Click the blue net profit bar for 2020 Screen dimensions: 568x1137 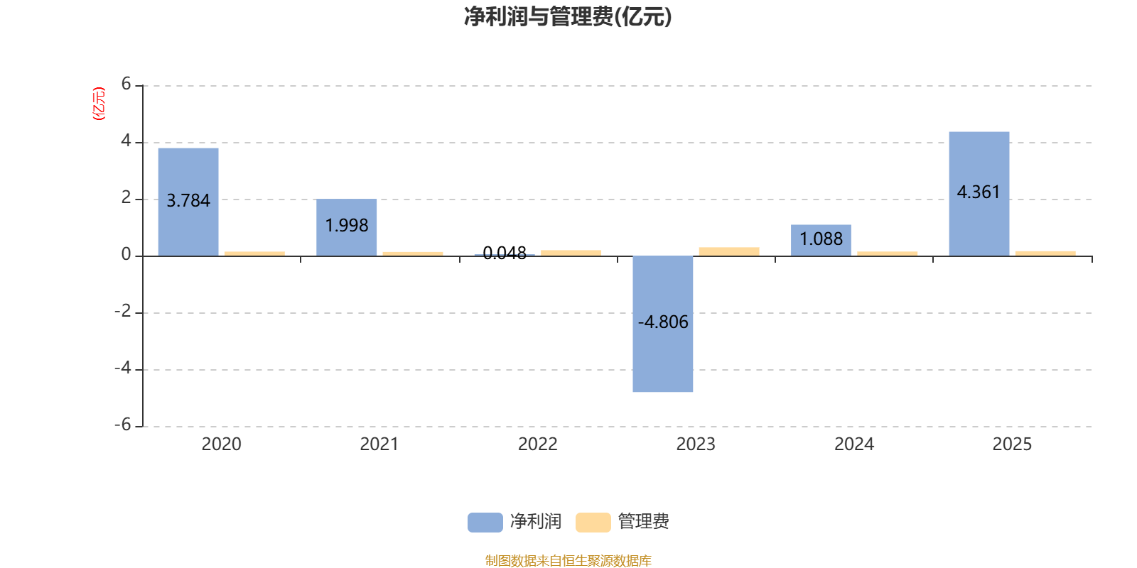[188, 170]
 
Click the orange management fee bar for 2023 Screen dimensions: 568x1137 [728, 251]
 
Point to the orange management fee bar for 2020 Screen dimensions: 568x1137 [254, 253]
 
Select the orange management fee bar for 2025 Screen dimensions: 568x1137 [1045, 253]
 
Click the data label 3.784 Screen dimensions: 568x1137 [188, 201]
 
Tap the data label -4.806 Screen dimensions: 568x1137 [663, 322]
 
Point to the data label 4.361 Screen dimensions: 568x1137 [979, 192]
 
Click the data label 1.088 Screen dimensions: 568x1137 [821, 239]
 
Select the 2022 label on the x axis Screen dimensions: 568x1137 [537, 444]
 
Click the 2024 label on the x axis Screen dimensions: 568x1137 [853, 444]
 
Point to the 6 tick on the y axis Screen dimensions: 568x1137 [126, 84]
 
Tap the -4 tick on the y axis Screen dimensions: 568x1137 [123, 368]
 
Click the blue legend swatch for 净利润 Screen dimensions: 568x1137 [485, 522]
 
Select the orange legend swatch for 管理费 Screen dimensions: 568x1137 [593, 522]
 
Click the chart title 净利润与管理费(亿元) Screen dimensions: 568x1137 [568, 16]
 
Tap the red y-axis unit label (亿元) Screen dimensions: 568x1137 [99, 104]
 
